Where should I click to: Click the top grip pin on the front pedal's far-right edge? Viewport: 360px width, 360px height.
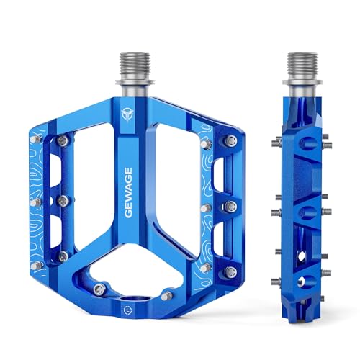pyautogui.click(x=230, y=142)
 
